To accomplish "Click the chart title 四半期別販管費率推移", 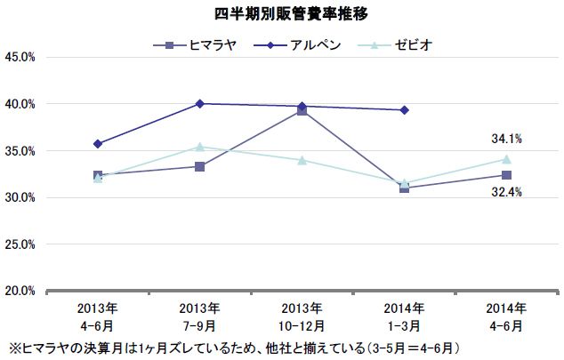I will pos(281,14).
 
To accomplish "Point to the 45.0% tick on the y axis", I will pos(20,57).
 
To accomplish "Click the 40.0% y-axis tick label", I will pos(20,104).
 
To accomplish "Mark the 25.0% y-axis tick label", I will pos(20,244).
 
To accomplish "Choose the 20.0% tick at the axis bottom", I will pos(20,290).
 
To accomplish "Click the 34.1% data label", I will pos(506,139).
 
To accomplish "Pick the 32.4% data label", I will pos(506,190).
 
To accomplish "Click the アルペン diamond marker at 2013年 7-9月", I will pos(200,104).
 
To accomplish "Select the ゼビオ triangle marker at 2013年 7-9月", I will pos(200,147).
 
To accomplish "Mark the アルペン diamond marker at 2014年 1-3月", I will pos(405,110).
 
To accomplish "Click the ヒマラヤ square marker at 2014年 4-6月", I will pos(507,175).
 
